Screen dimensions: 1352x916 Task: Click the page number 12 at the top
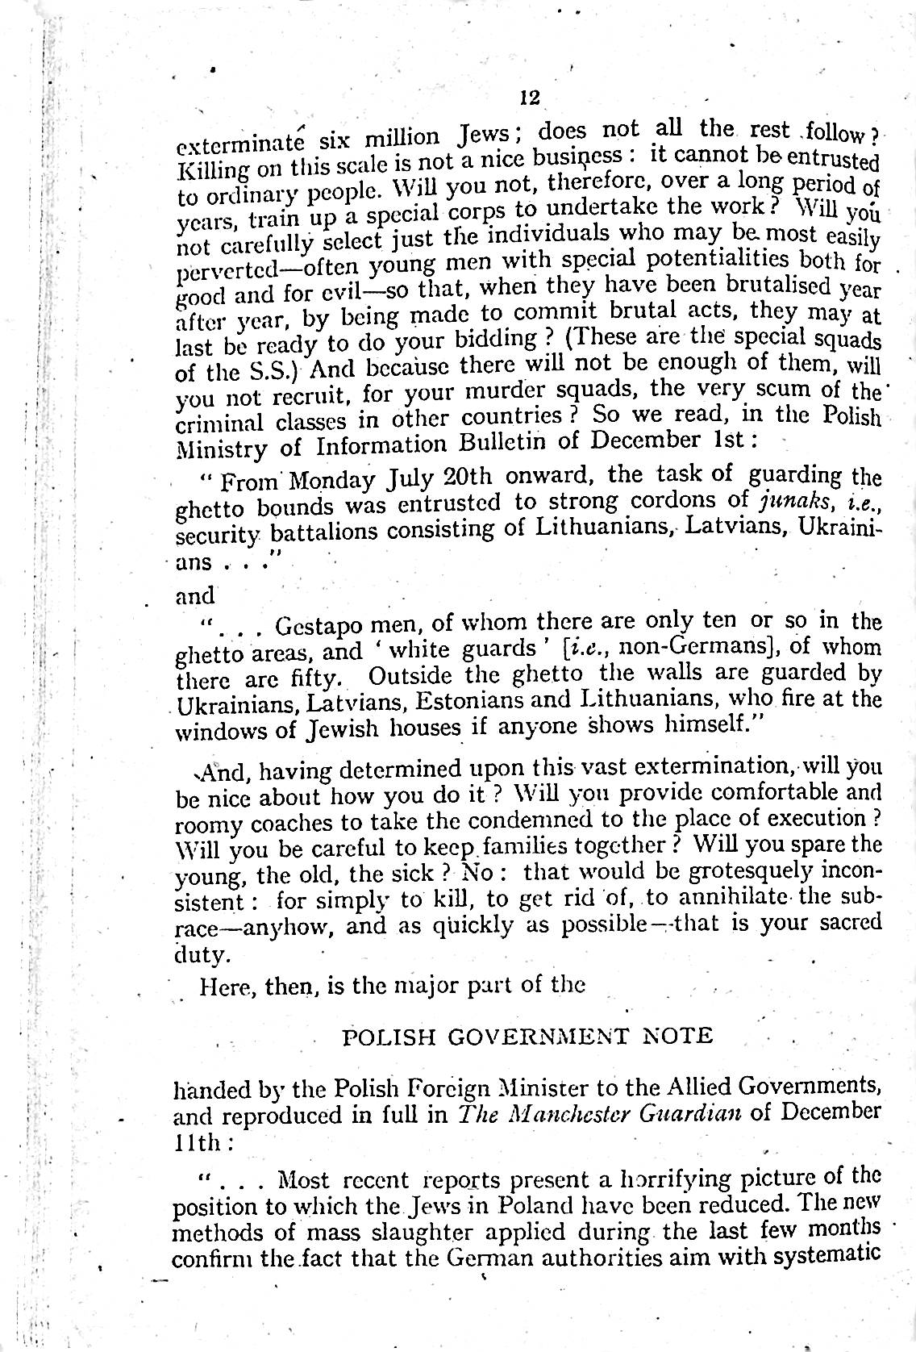pos(529,98)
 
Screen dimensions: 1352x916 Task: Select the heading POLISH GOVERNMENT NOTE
pos(528,1036)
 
